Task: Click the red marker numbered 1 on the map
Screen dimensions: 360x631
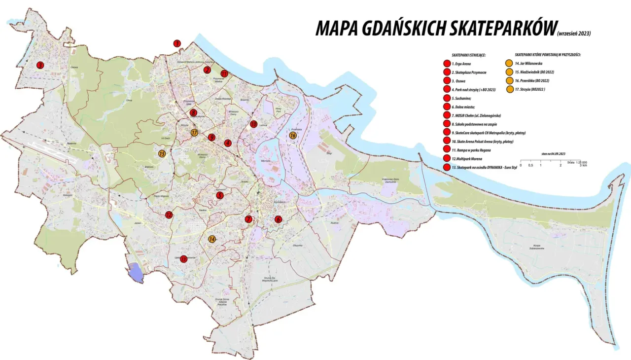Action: [x=177, y=43]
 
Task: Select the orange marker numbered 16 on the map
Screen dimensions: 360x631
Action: [x=293, y=135]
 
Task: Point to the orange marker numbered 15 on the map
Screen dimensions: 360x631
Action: [x=162, y=153]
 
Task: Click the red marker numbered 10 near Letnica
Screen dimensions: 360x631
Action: [x=254, y=124]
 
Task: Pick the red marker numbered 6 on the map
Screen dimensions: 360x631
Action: [x=278, y=219]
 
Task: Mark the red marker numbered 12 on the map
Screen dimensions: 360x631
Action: [x=169, y=215]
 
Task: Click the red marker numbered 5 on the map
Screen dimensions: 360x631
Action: [x=220, y=195]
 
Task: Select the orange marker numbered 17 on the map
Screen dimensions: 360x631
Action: [x=194, y=132]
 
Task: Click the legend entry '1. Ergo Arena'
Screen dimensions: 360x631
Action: [x=461, y=64]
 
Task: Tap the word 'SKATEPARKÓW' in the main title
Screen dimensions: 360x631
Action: [x=502, y=29]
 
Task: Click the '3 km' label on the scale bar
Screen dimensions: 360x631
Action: [x=583, y=165]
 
